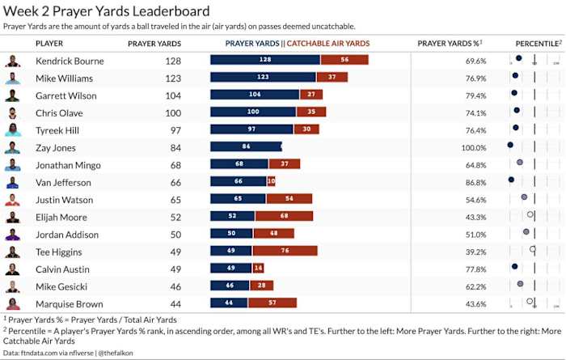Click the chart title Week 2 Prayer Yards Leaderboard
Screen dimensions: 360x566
107,11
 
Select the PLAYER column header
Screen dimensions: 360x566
49,43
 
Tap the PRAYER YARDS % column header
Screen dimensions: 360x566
449,43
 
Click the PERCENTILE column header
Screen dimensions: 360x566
537,43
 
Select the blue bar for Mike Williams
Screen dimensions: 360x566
263,78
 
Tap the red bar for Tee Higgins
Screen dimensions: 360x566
287,252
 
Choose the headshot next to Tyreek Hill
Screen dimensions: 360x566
12,130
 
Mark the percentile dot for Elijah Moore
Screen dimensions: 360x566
530,215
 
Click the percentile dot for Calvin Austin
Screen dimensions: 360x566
514,266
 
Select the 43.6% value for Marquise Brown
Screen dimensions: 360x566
476,304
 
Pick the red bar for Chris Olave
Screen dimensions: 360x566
311,112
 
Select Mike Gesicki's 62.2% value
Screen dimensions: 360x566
476,286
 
